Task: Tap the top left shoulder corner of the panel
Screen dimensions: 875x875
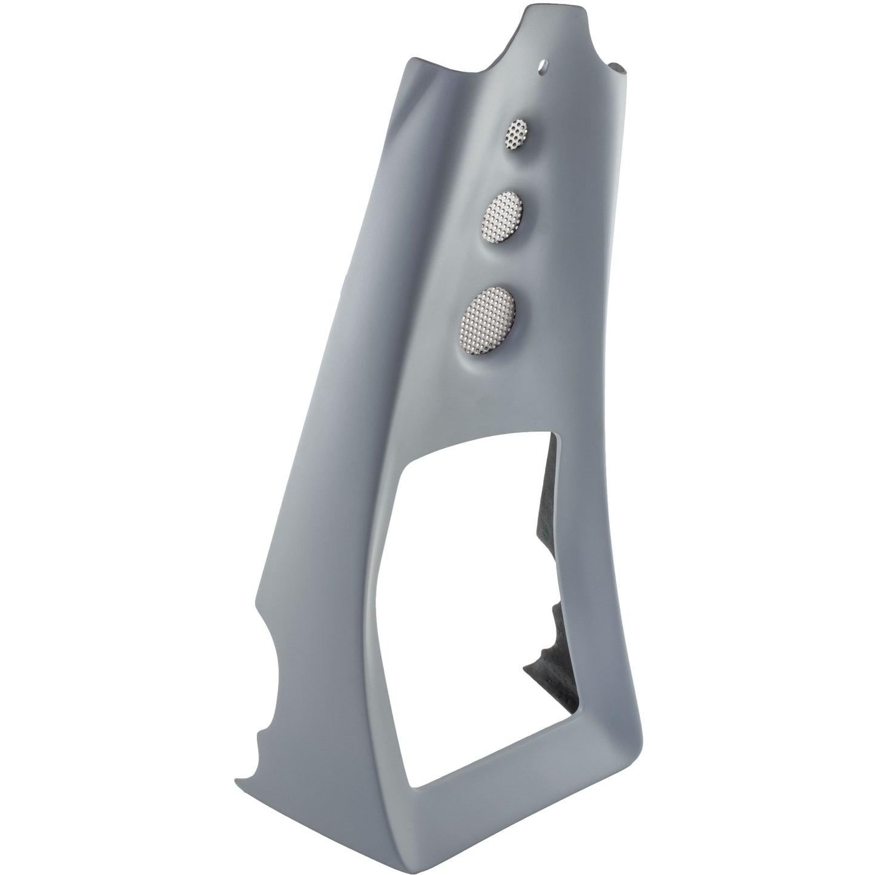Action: pos(412,61)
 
